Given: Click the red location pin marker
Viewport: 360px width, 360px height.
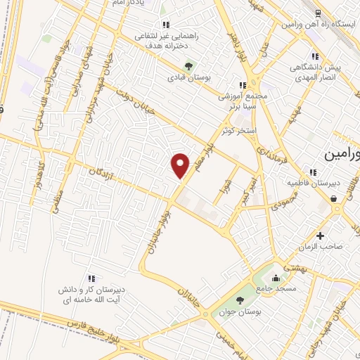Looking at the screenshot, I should pos(181,166).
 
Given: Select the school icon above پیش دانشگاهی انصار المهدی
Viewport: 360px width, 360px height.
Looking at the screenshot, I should pos(316,57).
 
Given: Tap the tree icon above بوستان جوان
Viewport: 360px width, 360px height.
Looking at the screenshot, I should pos(240,300).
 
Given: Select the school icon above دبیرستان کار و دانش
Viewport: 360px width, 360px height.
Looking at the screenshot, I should pos(91,278).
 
